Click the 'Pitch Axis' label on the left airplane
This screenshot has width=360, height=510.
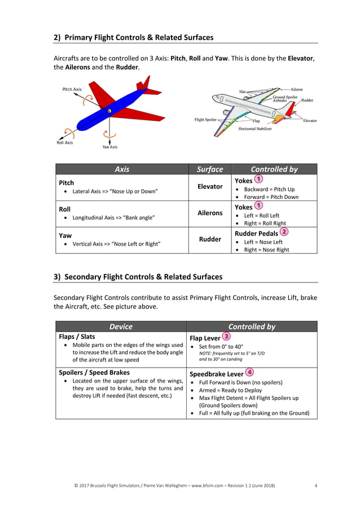point(72,89)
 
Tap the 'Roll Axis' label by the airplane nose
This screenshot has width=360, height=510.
point(64,143)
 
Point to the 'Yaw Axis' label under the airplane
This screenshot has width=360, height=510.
point(109,147)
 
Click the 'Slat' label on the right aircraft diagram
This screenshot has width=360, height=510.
point(242,90)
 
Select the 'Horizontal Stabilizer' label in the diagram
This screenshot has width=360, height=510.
point(254,129)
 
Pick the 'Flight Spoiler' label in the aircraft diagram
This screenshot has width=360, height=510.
point(206,120)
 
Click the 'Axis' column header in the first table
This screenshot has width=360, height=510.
point(122,169)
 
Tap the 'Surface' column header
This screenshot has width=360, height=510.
point(210,169)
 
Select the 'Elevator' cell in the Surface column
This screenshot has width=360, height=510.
point(210,186)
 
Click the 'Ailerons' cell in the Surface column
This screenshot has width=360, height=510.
point(210,213)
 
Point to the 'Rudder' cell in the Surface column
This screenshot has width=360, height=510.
point(210,239)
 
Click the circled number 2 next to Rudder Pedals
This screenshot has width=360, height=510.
point(284,232)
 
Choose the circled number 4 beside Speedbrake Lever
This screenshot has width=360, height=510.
point(249,372)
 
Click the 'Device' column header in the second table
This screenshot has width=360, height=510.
point(121,326)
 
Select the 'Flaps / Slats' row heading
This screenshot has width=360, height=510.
point(77,337)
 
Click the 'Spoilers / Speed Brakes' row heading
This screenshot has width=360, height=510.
point(94,373)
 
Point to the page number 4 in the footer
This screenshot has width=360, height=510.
point(315,486)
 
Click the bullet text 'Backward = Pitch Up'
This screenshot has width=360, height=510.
point(269,189)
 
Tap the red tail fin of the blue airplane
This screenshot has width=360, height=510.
point(146,83)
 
